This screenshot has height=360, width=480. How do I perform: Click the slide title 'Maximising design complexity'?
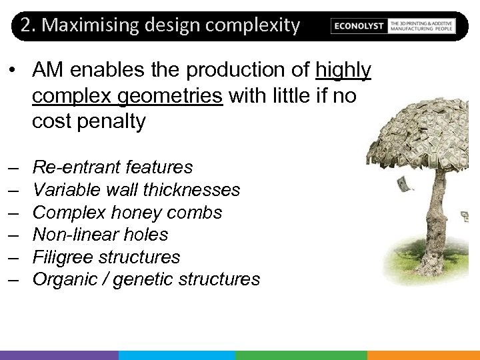[x=171, y=25]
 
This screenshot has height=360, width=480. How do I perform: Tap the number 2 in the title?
[x=26, y=25]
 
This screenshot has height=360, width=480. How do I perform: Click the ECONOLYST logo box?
[x=359, y=26]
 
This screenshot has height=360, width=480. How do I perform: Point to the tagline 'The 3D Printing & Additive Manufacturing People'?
[x=421, y=26]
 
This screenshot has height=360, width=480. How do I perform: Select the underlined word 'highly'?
[x=343, y=70]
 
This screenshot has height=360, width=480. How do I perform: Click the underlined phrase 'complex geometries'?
[x=127, y=96]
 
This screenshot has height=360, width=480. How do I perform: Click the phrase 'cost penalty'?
[x=89, y=122]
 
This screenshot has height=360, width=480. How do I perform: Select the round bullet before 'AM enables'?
[x=13, y=71]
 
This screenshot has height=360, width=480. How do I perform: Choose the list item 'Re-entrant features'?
[x=112, y=167]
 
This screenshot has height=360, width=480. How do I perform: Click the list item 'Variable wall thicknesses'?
[x=136, y=190]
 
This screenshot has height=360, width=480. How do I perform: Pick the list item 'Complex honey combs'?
[x=127, y=213]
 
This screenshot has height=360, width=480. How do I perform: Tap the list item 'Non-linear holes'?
[x=100, y=235]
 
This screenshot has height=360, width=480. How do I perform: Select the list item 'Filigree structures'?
[x=106, y=257]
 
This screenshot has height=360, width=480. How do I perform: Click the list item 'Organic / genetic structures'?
[x=146, y=279]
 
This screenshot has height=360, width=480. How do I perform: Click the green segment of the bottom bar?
[x=301, y=355]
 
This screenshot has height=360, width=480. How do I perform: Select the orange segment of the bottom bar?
[x=423, y=355]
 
